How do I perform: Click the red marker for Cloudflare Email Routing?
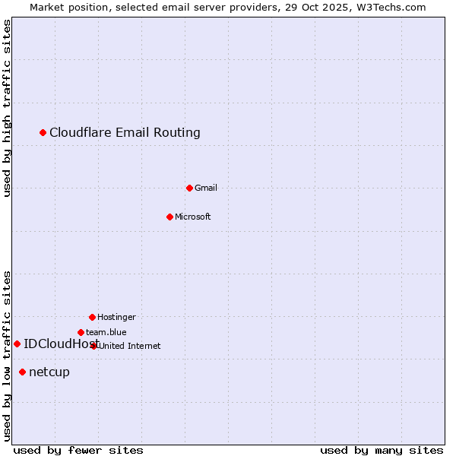point(43,133)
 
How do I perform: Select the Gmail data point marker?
point(189,188)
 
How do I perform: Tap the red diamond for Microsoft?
point(169,217)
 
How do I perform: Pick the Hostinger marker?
point(92,317)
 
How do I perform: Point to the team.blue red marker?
point(81,332)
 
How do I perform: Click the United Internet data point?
point(93,346)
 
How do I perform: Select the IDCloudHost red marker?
point(17,344)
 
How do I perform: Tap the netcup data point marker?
point(23,372)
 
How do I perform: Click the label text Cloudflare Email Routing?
point(125,133)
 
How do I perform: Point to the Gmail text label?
point(205,188)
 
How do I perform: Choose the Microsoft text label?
point(192,217)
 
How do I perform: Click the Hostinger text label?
point(116,317)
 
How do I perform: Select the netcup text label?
point(49,372)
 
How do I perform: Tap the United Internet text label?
point(129,346)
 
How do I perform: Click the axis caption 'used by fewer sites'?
point(78,450)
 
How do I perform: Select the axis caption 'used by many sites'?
point(382,450)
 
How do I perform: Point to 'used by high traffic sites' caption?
point(7,108)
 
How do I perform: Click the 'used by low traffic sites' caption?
point(7,356)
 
